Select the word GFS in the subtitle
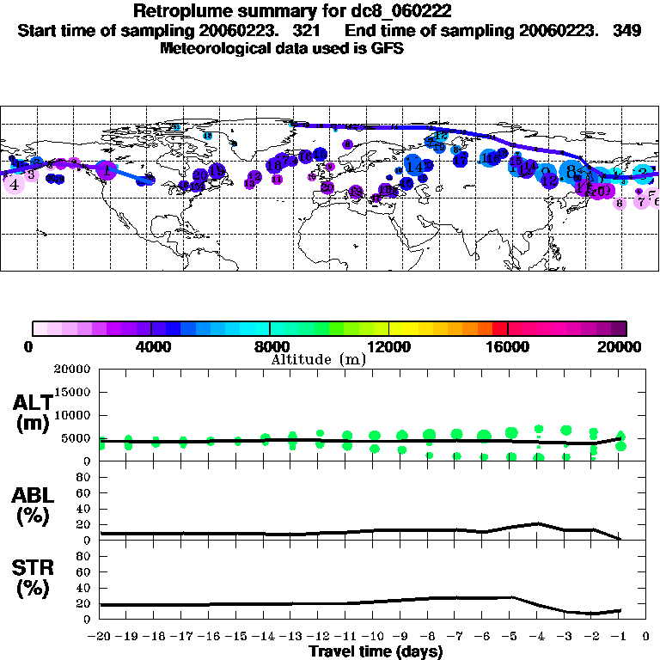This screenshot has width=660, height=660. coord(386,49)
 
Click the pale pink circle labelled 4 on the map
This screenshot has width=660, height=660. coord(13,184)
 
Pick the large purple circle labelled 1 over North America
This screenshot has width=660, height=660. coord(107,171)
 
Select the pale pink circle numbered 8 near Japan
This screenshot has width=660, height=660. coord(619,204)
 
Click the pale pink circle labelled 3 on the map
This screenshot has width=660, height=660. coord(31,174)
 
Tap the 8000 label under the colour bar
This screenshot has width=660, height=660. coord(270,347)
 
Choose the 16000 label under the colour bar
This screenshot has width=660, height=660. coord(508,347)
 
